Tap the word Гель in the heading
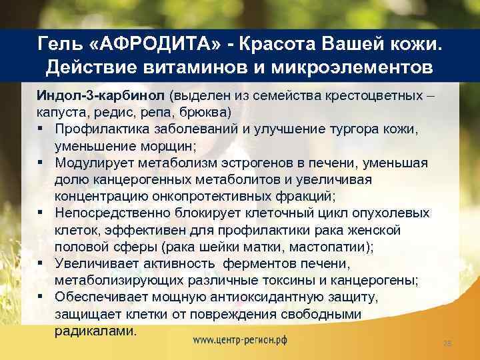pos(62,43)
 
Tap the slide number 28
pos(448,343)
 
